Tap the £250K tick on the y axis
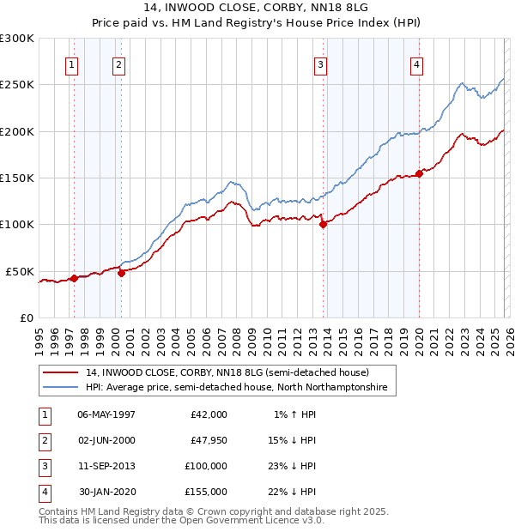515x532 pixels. (x=17, y=85)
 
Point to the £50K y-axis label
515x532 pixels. (x=20, y=271)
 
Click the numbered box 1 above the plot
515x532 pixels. (x=71, y=64)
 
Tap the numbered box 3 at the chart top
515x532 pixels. (x=320, y=64)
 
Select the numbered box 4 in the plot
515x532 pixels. (x=416, y=64)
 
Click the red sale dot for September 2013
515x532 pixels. (x=323, y=225)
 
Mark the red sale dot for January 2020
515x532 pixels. (x=420, y=174)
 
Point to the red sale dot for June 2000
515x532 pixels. (x=121, y=274)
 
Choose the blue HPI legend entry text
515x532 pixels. (x=237, y=388)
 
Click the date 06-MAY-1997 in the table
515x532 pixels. (x=106, y=414)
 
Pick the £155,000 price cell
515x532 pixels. (x=205, y=492)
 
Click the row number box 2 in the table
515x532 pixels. (x=42, y=439)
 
